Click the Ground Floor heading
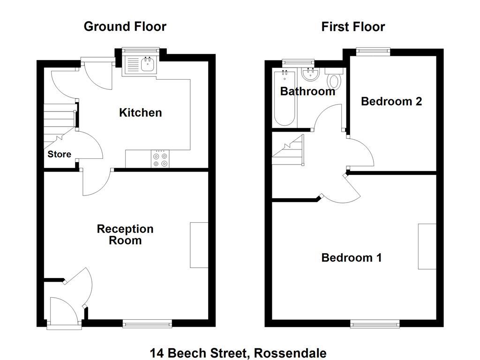[x=125, y=27]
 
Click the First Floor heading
[x=353, y=27]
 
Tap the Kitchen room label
[x=140, y=112]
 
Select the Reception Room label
[x=125, y=235]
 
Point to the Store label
[x=60, y=154]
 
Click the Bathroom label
[x=307, y=91]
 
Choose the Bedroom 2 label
[x=391, y=101]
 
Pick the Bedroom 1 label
[x=351, y=257]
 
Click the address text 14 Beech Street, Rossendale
[x=238, y=353]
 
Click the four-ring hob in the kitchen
[x=160, y=159]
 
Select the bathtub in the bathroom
[x=284, y=98]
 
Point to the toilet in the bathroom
[x=335, y=80]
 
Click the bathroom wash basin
[x=310, y=74]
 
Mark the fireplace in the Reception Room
[x=199, y=245]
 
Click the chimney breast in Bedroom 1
[x=427, y=247]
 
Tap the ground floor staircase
[x=60, y=122]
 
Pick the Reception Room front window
[x=147, y=323]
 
